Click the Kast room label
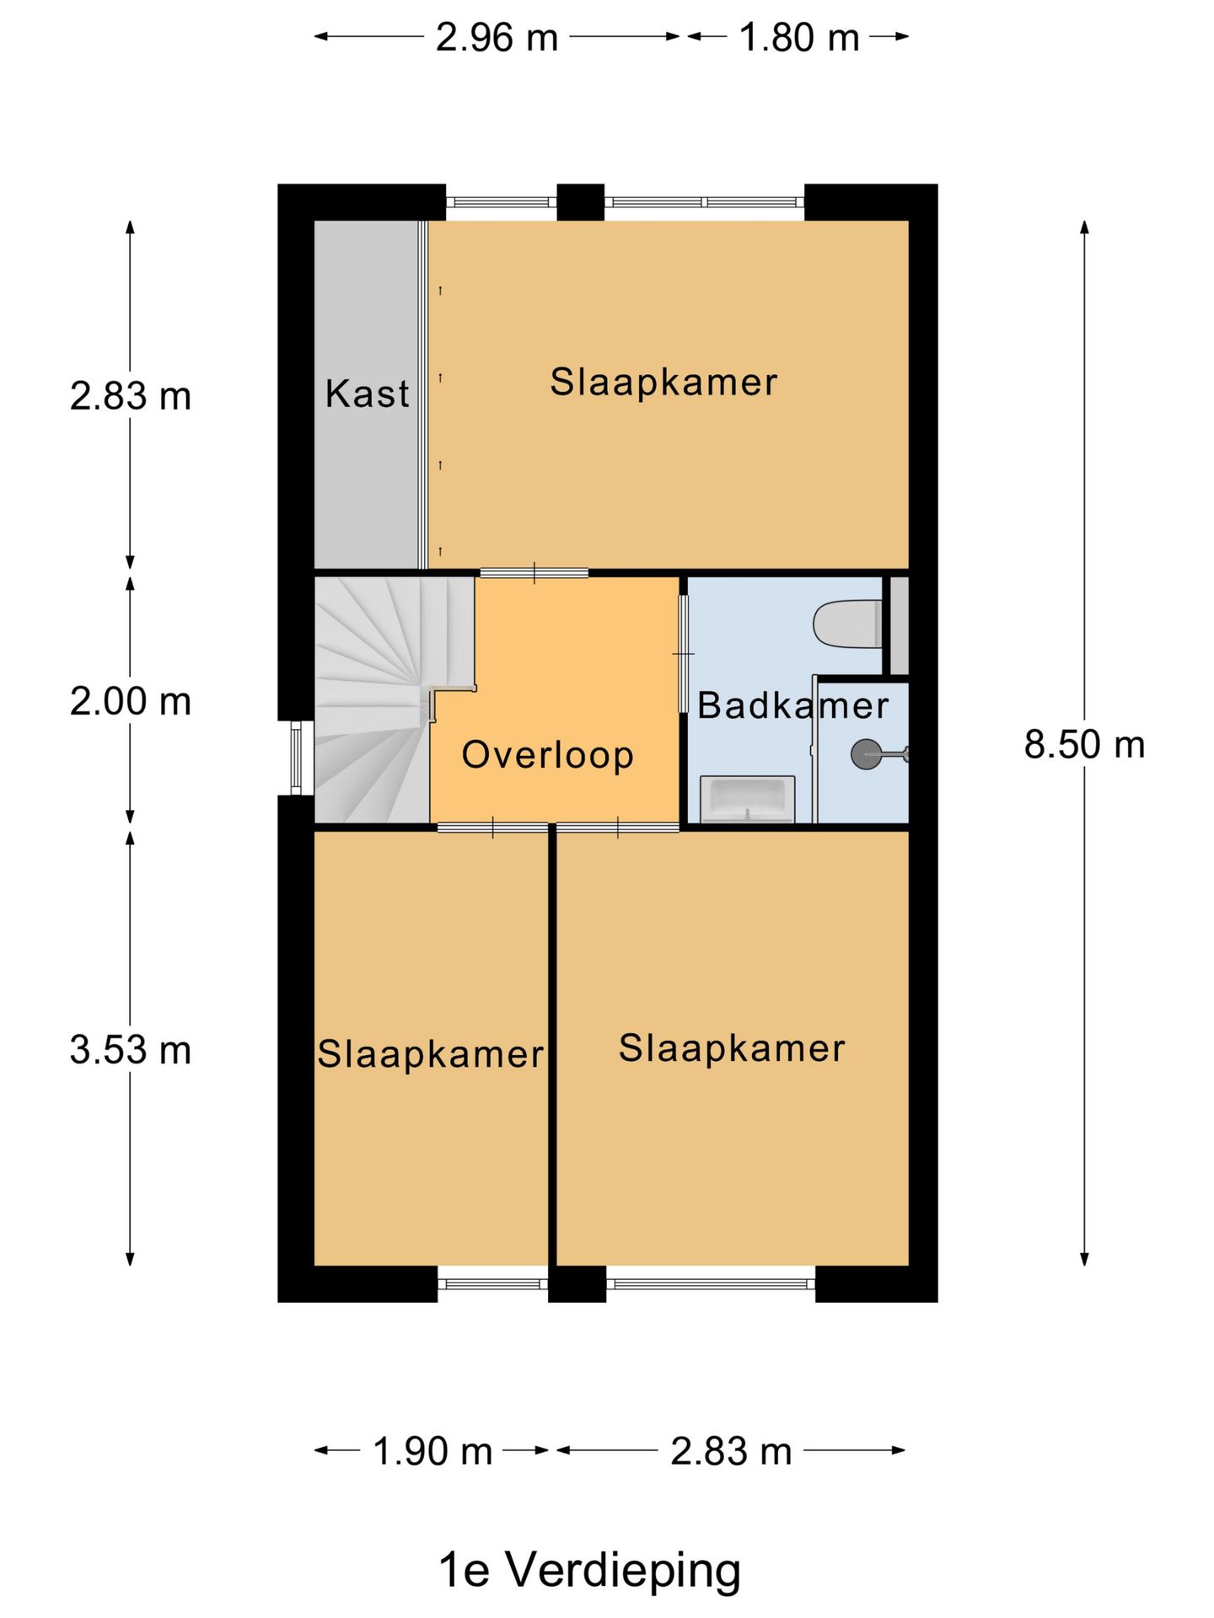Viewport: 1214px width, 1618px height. click(x=368, y=394)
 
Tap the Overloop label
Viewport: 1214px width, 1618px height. click(x=547, y=755)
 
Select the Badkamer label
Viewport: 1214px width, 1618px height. click(x=792, y=705)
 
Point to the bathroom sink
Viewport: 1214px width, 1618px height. click(x=748, y=799)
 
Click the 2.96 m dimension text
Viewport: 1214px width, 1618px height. click(x=497, y=38)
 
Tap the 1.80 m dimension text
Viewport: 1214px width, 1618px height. click(x=798, y=38)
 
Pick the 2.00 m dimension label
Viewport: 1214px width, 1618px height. click(x=131, y=701)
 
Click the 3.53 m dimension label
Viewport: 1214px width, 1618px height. click(x=131, y=1051)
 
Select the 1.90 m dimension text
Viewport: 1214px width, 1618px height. click(x=432, y=1451)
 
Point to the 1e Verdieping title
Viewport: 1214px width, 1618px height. click(x=589, y=1570)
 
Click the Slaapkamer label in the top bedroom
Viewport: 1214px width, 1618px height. click(x=663, y=383)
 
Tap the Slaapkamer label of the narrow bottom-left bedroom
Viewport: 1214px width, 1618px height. click(x=430, y=1054)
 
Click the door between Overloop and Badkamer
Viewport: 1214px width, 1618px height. click(x=684, y=654)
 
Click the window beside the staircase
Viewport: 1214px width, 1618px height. click(x=296, y=758)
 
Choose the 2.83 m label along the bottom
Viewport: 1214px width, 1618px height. click(x=731, y=1451)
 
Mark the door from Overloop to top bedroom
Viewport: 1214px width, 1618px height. click(x=534, y=574)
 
